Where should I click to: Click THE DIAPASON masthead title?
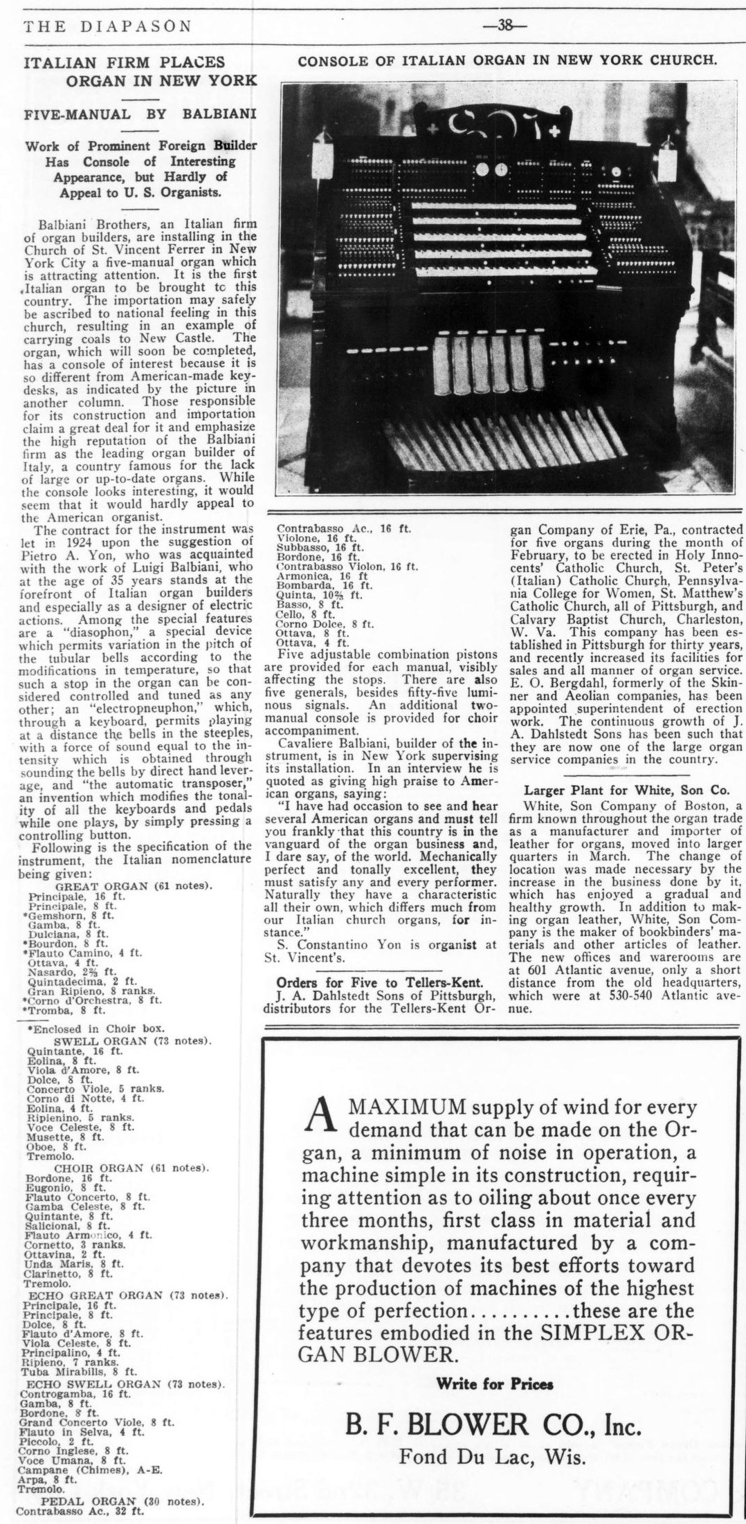coord(107,27)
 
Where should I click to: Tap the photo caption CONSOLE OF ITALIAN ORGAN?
coord(507,60)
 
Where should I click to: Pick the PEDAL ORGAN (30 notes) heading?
coord(122,1498)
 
